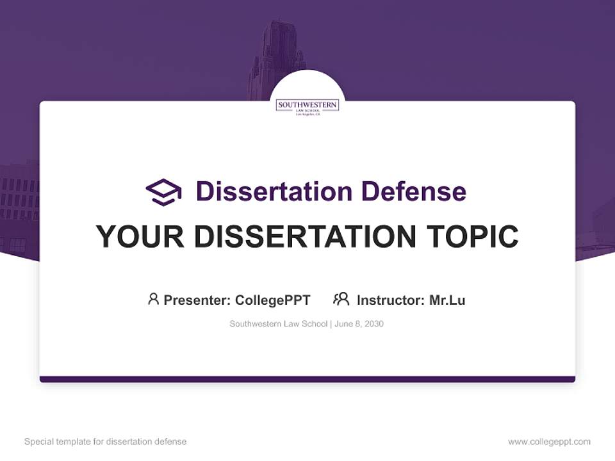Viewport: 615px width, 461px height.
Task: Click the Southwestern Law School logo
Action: tap(307, 106)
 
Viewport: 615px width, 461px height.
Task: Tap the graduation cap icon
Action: tap(163, 192)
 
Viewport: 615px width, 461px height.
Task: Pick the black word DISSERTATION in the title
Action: tap(303, 236)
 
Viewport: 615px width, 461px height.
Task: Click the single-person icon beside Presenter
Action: tap(153, 299)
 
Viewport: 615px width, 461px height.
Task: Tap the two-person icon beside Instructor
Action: tap(341, 299)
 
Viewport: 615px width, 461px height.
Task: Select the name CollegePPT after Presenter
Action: tap(273, 300)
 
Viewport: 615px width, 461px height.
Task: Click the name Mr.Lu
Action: tap(447, 300)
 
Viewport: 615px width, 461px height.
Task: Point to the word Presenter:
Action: tap(197, 300)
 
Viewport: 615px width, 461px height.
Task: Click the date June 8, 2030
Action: tap(359, 324)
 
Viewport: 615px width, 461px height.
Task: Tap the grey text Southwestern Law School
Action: tap(278, 324)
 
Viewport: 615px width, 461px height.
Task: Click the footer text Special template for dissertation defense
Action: tap(106, 442)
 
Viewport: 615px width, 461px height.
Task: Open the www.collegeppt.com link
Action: tap(549, 442)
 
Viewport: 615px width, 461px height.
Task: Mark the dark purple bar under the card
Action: tap(307, 379)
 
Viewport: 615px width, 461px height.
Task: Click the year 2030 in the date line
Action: tap(374, 324)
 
